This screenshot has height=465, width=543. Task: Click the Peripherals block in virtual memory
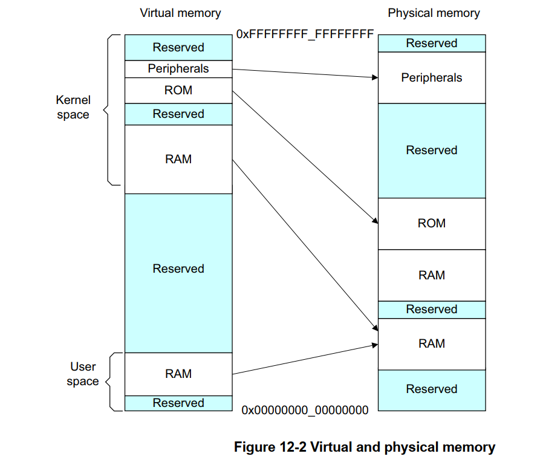tap(178, 69)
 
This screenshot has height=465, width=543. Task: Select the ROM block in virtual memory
tap(178, 91)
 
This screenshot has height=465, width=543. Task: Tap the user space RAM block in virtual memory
tap(178, 374)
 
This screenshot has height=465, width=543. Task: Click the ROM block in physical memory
tap(432, 223)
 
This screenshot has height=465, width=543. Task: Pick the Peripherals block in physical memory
tap(432, 77)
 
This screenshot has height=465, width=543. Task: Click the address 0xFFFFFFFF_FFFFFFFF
tap(305, 34)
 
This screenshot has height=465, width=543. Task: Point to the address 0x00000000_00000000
tap(305, 410)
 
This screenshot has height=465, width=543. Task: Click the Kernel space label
tap(73, 107)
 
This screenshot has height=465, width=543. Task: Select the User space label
tap(83, 374)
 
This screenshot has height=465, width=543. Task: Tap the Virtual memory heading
tap(180, 13)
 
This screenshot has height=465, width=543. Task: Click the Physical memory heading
tap(434, 13)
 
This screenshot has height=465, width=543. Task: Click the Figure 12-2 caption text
tap(365, 447)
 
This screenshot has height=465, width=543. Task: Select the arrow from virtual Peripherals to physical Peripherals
tap(302, 74)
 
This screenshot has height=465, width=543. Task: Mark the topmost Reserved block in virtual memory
tap(178, 47)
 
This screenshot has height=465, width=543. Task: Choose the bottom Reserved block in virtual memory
tap(178, 403)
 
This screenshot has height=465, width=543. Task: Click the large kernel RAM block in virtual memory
tap(178, 159)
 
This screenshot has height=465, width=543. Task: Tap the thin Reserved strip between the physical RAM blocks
tap(432, 310)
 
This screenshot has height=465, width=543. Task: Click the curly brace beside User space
tap(110, 382)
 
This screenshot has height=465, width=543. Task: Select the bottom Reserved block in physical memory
tap(432, 389)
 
